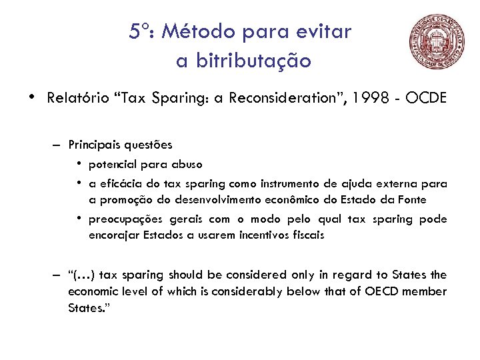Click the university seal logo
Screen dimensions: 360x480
pos(437,43)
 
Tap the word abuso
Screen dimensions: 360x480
pos(187,164)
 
